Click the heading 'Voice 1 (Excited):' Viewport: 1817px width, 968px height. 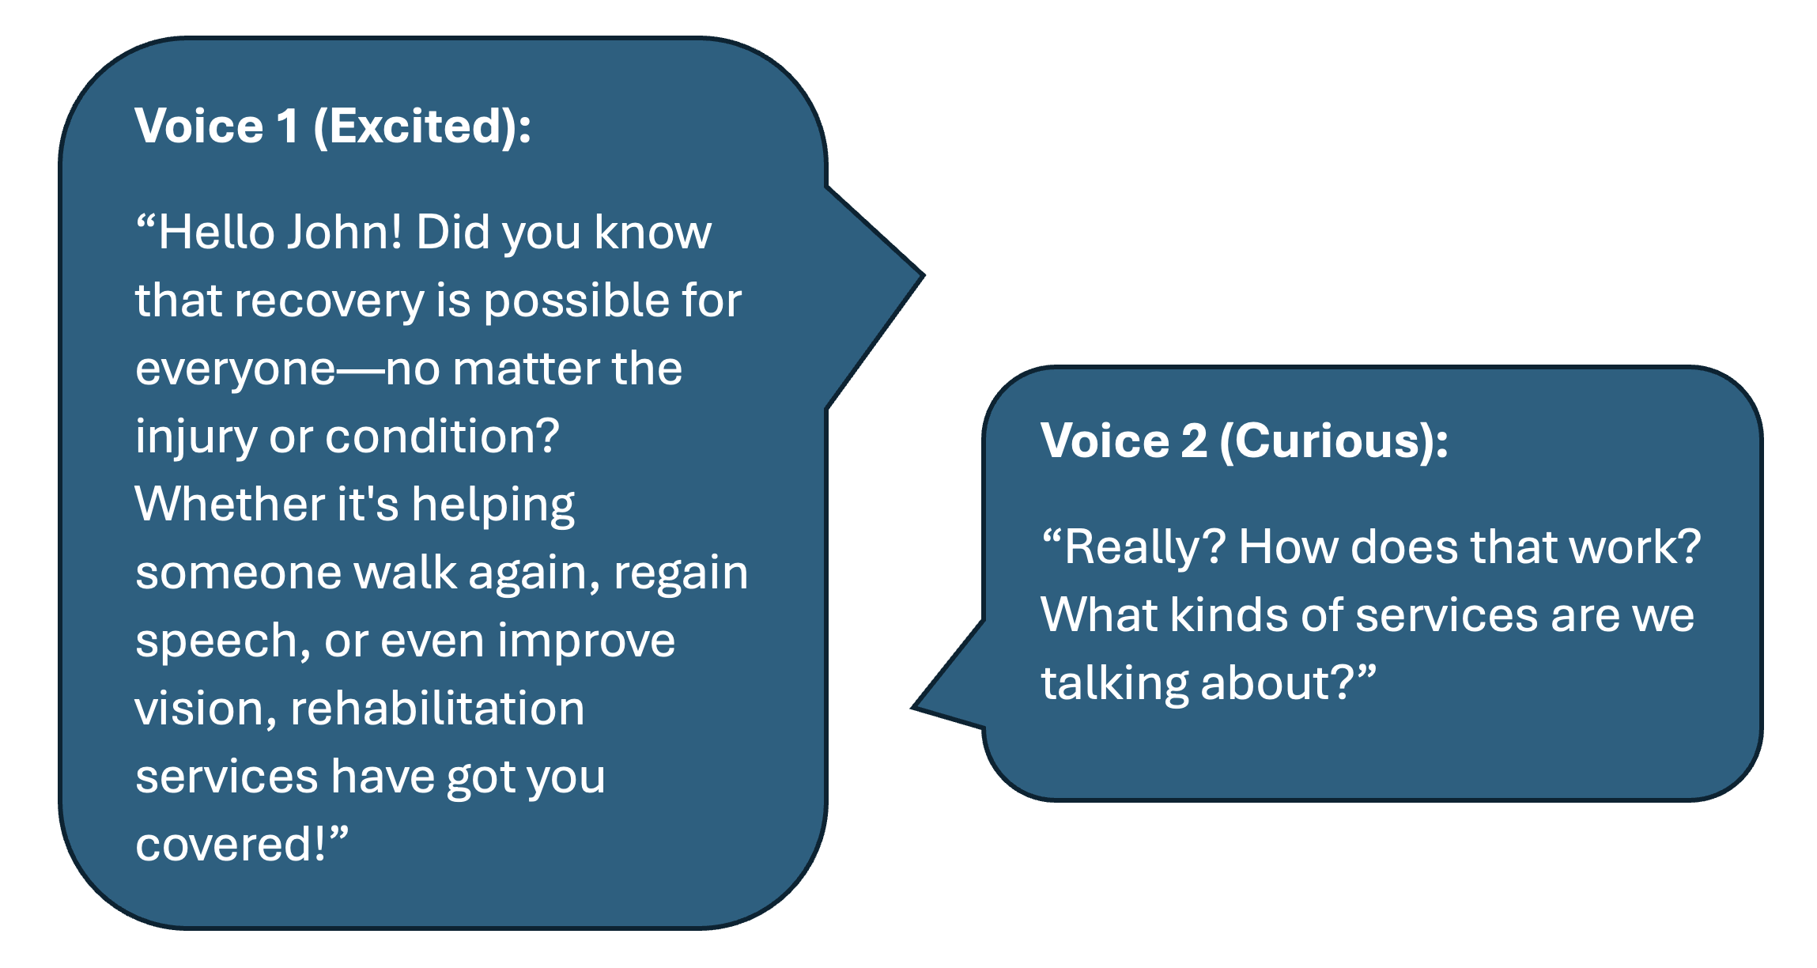coord(333,127)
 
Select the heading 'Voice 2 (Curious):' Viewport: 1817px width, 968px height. coord(1245,441)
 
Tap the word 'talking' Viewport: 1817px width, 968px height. coord(1115,684)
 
